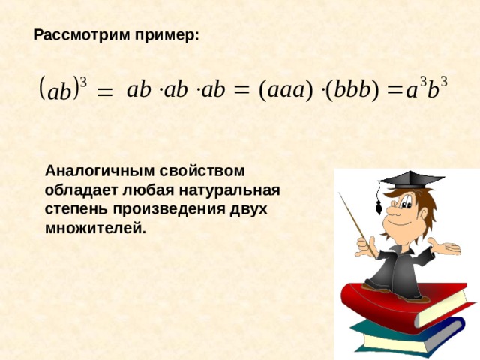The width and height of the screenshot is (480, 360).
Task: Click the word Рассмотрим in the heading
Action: click(x=82, y=35)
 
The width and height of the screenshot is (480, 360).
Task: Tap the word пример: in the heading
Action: click(x=167, y=36)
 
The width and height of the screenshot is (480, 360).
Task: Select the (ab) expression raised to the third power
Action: click(x=63, y=88)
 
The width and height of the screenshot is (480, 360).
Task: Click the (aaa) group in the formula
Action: click(x=286, y=90)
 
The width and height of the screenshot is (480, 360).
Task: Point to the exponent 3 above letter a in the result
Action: click(x=422, y=82)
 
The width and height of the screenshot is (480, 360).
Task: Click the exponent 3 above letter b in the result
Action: click(x=443, y=82)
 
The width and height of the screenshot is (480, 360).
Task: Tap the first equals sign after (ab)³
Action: click(x=105, y=91)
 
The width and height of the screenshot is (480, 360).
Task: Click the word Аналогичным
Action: click(x=99, y=171)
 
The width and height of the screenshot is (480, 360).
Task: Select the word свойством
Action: click(x=202, y=171)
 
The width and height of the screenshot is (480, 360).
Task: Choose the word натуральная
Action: click(x=229, y=190)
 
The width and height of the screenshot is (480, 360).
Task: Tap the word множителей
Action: click(x=95, y=228)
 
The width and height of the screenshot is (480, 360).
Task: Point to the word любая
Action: click(x=148, y=190)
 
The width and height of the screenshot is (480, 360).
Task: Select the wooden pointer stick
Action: click(x=357, y=225)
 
